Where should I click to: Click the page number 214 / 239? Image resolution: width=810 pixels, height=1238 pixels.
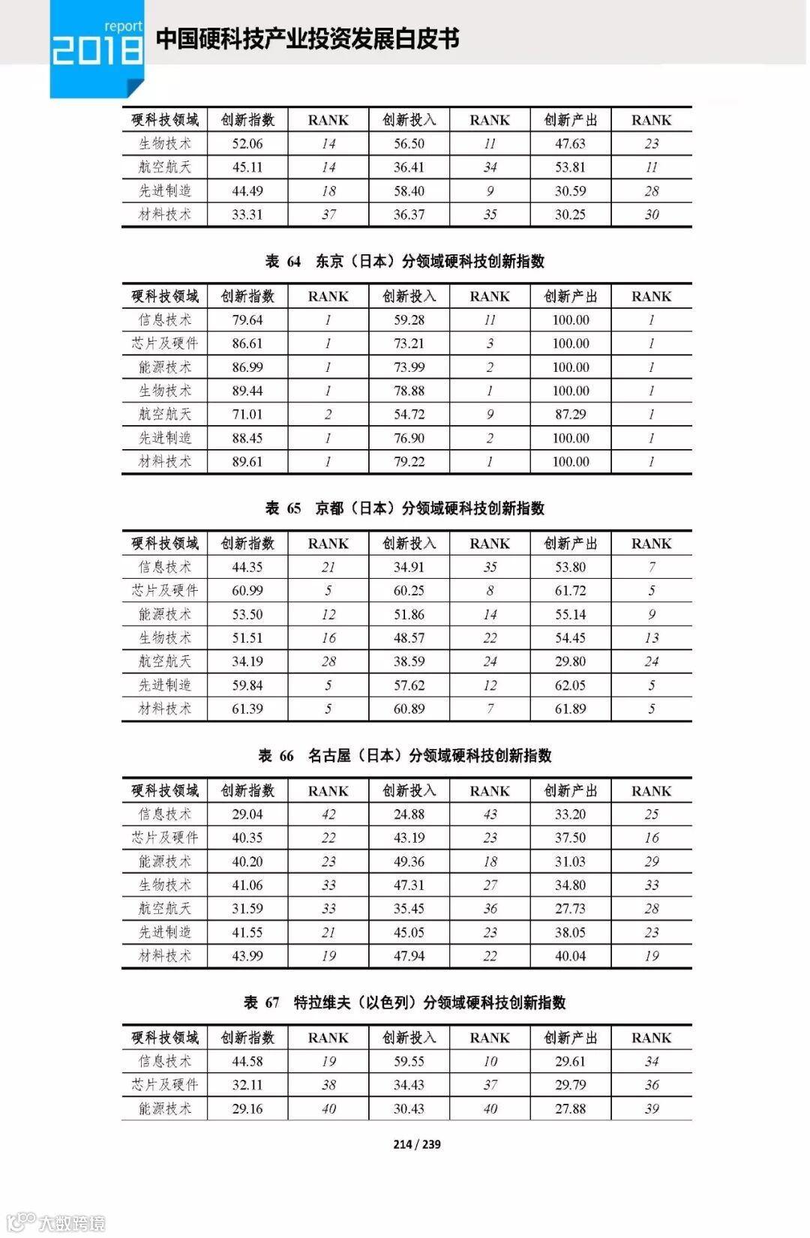click(416, 1144)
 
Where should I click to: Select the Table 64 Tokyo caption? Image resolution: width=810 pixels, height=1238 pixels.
click(405, 262)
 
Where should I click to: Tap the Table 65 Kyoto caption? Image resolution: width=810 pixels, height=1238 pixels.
click(405, 508)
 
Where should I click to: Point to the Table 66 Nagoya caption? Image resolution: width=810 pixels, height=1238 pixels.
click(405, 756)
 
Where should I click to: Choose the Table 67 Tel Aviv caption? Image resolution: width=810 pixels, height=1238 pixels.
click(405, 1003)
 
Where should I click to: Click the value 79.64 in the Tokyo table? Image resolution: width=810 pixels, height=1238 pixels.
click(247, 320)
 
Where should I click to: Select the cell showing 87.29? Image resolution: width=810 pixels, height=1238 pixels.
click(570, 415)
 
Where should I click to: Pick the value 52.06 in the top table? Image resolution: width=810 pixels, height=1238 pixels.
click(247, 144)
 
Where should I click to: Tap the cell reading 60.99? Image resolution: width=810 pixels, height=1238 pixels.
click(247, 591)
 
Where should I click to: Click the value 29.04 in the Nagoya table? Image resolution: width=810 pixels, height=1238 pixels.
click(247, 814)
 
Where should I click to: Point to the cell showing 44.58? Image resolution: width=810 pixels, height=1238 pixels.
click(247, 1062)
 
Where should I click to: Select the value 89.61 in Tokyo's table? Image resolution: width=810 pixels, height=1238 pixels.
click(247, 462)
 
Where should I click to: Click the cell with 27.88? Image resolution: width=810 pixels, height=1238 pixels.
click(570, 1109)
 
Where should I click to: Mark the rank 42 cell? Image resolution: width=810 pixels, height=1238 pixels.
click(328, 814)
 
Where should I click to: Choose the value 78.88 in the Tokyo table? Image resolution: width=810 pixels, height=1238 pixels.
click(409, 391)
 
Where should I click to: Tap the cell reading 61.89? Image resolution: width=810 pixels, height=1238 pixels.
click(570, 709)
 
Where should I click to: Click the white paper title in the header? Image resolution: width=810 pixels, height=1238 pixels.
click(307, 39)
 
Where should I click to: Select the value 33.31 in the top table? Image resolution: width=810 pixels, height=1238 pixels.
click(247, 214)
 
